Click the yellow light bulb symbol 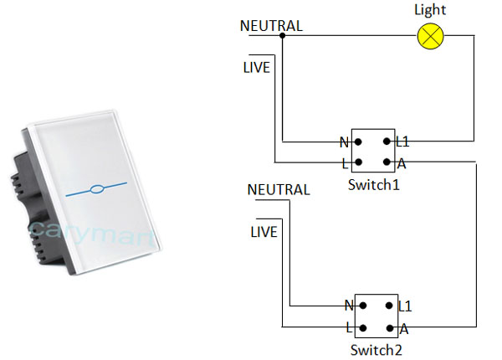(432, 35)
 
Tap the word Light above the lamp (431, 10)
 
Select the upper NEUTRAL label (271, 26)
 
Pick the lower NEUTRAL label (279, 190)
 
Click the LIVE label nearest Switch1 (256, 67)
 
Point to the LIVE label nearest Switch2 (264, 231)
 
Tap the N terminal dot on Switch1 (358, 142)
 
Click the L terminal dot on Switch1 (358, 162)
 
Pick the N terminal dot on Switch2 (362, 306)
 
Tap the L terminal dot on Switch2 (362, 327)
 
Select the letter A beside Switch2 (404, 328)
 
